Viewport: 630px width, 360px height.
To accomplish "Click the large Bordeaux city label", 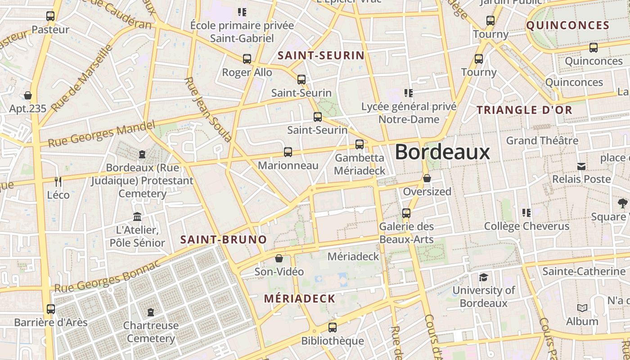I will point(442,152).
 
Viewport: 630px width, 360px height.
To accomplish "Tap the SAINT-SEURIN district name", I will point(321,55).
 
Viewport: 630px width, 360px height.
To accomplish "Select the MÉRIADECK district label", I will point(300,298).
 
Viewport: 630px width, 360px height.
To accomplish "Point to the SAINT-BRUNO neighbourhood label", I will point(224,239).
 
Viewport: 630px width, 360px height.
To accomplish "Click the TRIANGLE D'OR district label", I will point(524,110).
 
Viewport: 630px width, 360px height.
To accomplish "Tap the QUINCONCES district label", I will point(567,25).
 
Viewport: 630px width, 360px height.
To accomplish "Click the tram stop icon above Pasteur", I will point(50,16).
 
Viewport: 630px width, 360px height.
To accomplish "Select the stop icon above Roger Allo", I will point(247,59).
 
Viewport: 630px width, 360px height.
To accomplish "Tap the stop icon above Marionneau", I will point(288,152).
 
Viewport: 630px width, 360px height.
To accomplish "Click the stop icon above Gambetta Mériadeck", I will point(360,144).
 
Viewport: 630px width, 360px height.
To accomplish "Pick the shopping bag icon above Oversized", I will point(427,179).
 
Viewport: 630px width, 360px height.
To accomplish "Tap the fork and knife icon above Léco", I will point(58,182).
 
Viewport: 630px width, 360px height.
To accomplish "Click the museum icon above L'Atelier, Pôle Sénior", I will point(137,217).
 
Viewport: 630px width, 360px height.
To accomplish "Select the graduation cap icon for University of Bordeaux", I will point(483,277).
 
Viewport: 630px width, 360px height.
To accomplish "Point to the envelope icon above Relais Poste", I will point(581,166).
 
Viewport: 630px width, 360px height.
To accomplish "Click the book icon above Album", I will point(582,308).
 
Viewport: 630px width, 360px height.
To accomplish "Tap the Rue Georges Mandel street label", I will point(101,134).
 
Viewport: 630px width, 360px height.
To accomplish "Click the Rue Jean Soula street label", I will point(208,109).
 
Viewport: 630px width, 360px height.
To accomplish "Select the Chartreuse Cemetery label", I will point(151,332).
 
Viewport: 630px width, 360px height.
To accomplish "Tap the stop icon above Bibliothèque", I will point(333,328).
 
